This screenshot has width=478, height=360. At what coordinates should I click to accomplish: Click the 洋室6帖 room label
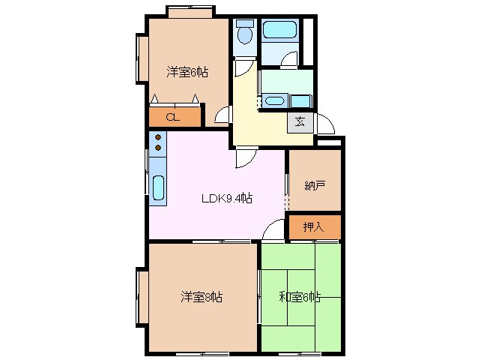(x=187, y=73)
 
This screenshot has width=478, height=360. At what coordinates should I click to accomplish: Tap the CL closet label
(x=172, y=116)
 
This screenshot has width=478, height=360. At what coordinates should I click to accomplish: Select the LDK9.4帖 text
(x=226, y=199)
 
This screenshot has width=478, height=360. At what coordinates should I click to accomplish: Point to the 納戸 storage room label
(x=314, y=185)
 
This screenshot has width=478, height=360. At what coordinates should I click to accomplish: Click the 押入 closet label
(x=314, y=226)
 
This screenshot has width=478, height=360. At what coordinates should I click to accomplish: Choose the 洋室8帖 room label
(x=201, y=297)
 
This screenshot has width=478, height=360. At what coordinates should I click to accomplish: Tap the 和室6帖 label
(x=301, y=297)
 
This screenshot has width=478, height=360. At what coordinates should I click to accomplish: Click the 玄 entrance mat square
(x=299, y=122)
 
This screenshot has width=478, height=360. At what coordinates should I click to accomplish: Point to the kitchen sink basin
(x=159, y=187)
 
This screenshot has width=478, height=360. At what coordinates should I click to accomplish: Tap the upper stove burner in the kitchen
(x=157, y=137)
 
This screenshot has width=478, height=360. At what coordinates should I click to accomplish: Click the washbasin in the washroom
(x=274, y=100)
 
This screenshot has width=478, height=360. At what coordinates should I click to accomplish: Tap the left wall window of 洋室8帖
(x=142, y=296)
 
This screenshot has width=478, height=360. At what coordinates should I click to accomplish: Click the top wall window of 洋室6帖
(x=188, y=10)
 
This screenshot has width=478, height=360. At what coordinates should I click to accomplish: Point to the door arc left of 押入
(x=275, y=229)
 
